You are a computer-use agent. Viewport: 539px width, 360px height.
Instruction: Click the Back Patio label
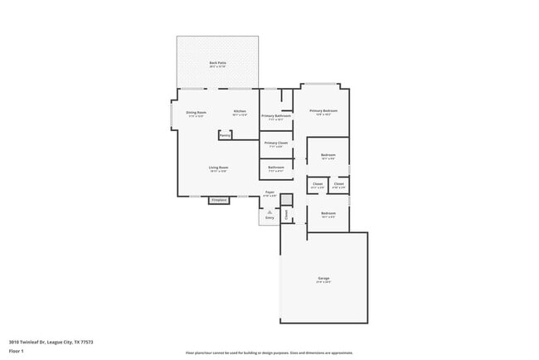218,63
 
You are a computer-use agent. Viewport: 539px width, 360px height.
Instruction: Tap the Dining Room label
197,111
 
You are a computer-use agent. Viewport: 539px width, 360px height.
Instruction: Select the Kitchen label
240,111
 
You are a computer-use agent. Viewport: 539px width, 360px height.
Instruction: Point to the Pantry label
225,135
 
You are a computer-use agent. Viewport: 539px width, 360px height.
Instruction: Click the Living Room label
218,168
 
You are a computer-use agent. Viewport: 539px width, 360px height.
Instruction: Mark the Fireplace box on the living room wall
219,200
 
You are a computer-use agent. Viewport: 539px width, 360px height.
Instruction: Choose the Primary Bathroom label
276,116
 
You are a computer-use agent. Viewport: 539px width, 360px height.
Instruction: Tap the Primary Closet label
276,143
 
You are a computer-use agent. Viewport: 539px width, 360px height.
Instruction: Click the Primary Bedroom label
323,110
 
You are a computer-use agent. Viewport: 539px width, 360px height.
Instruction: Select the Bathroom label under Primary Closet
276,168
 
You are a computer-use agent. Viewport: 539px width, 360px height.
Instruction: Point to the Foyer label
269,192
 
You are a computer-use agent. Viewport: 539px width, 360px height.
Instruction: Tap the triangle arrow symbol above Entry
269,212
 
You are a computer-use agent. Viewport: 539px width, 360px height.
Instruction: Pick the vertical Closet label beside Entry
287,215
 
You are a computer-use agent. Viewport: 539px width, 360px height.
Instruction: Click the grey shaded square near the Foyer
286,199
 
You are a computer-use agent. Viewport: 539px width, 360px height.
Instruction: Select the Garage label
323,279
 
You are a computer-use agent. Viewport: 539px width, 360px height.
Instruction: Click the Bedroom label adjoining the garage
328,214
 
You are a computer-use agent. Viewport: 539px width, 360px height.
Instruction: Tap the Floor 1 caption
17,352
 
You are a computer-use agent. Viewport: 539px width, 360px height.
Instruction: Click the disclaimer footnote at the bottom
269,353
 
